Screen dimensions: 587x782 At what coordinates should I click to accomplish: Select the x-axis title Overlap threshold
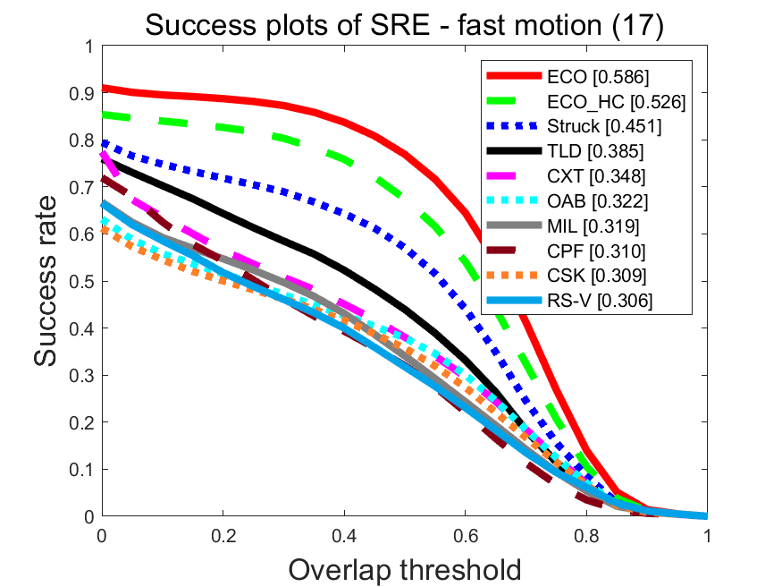pos(405,567)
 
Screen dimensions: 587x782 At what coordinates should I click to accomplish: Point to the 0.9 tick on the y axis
pos(82,93)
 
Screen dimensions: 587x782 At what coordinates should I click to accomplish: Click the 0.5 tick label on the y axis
pos(82,281)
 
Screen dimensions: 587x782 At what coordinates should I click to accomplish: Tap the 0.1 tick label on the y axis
pos(82,469)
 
